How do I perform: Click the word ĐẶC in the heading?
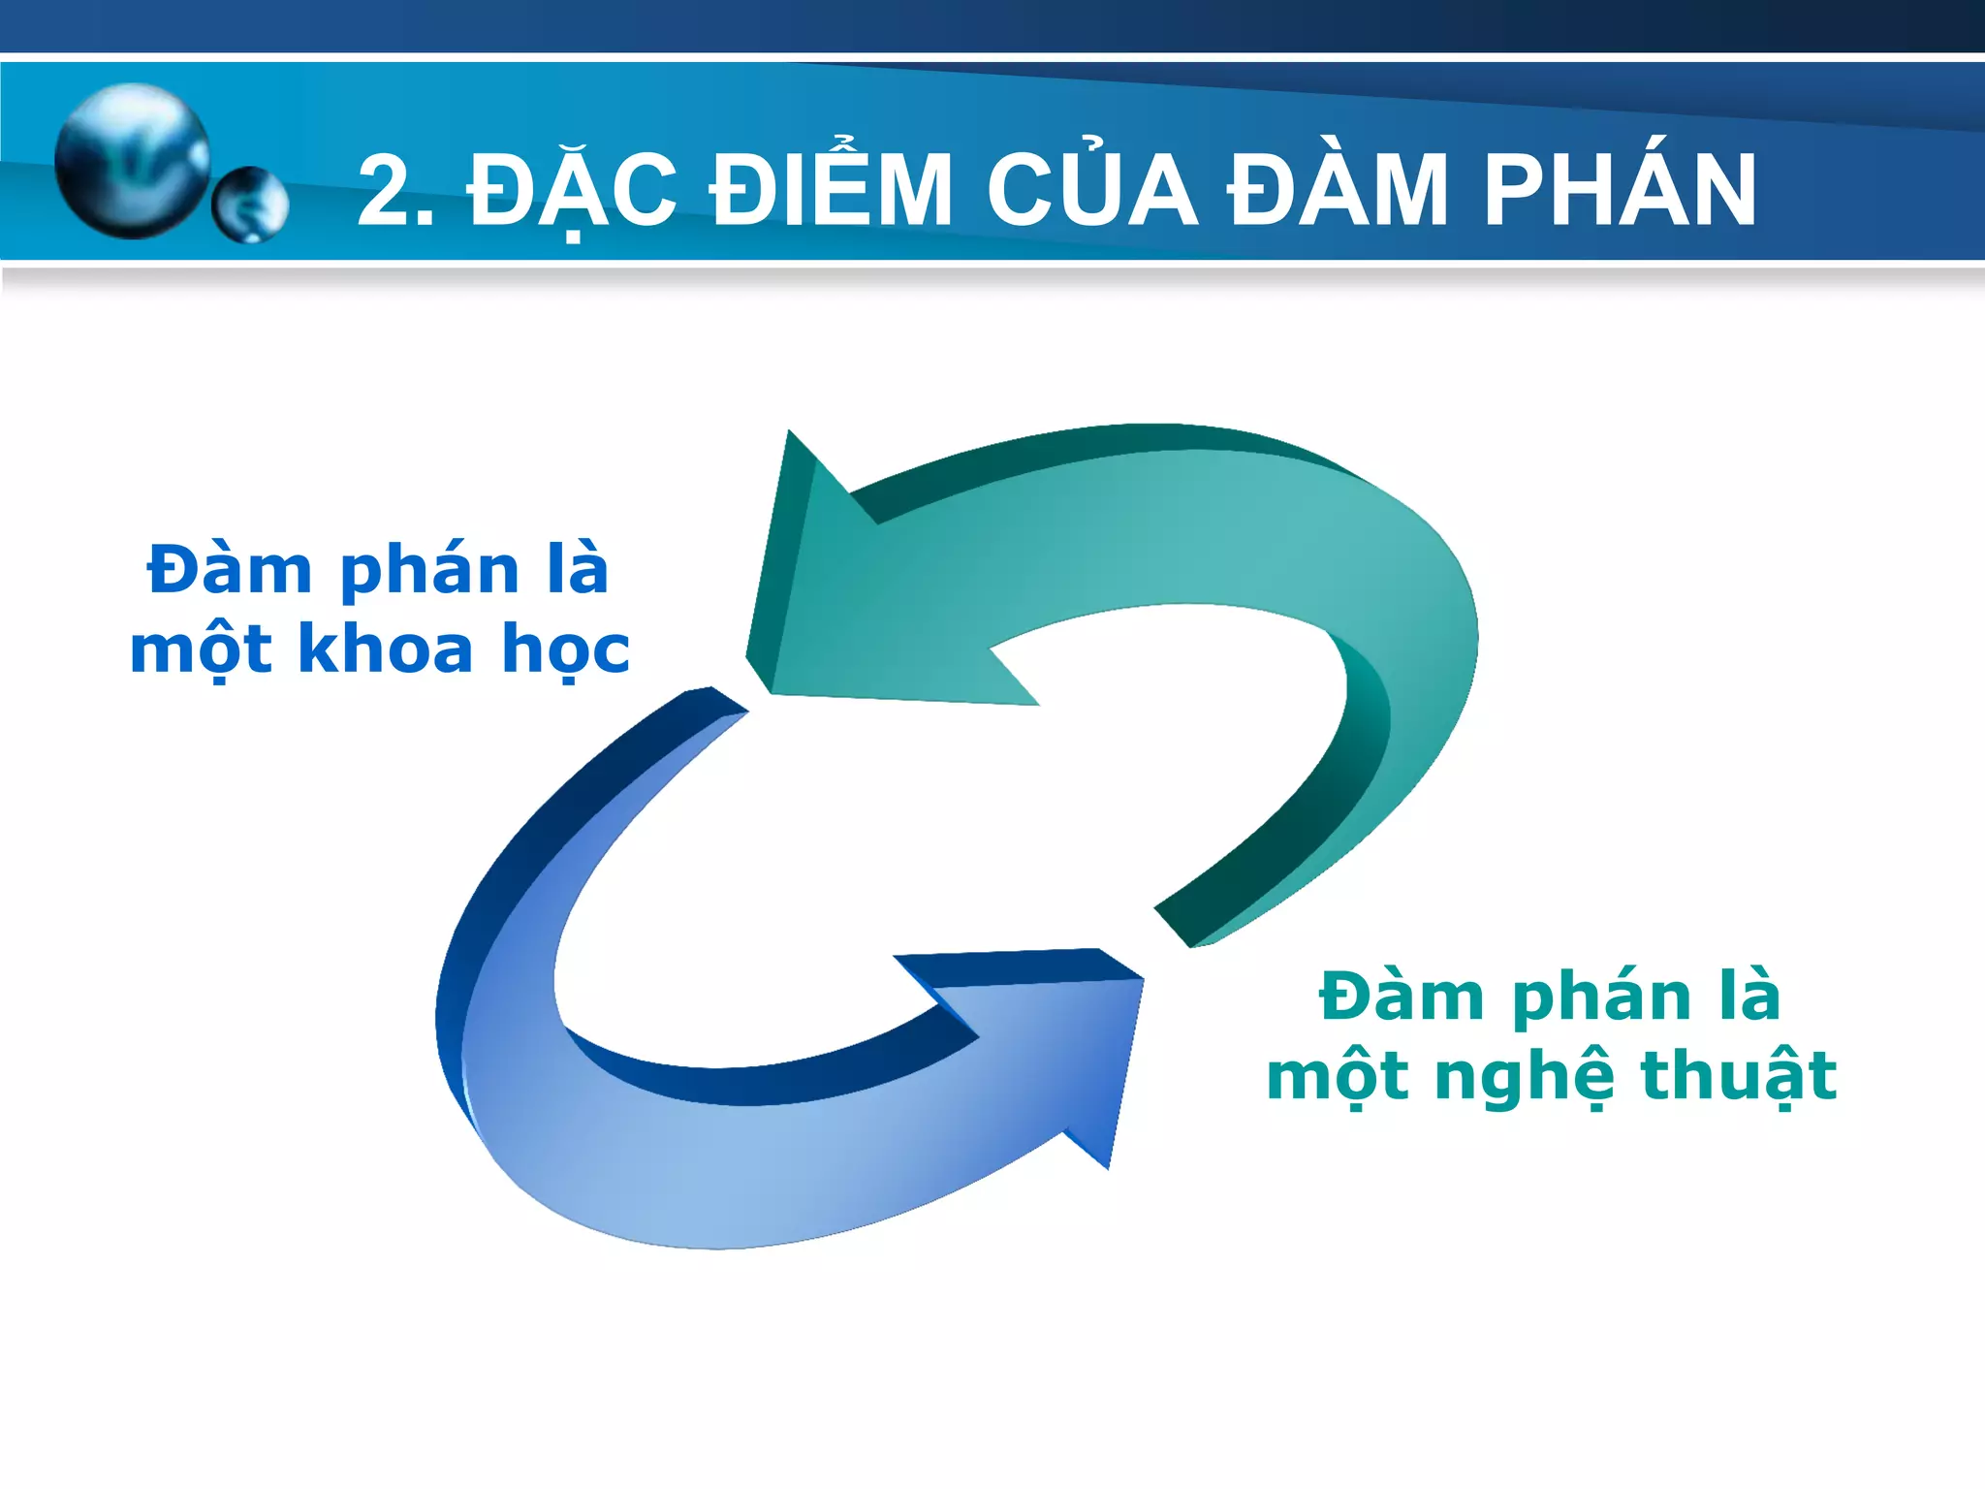point(572,192)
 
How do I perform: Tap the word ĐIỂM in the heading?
point(832,192)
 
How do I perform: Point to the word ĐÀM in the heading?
point(1339,192)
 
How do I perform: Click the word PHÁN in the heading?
point(1620,192)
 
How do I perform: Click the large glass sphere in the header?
point(132,161)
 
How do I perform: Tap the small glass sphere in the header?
point(250,205)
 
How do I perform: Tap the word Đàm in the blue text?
point(230,569)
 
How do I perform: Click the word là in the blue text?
point(577,569)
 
